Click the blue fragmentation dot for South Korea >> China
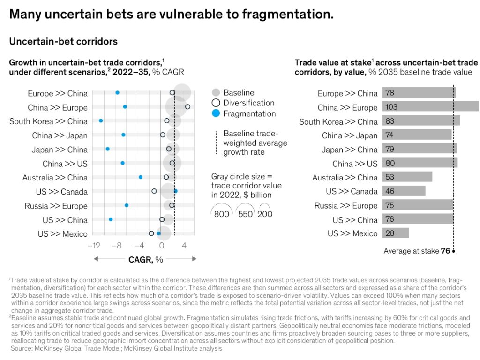101,121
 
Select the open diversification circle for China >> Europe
187,107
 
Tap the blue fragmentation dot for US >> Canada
175,191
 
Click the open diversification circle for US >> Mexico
151,233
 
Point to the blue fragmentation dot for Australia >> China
141,177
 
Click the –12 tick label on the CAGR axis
95,245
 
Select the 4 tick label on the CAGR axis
184,245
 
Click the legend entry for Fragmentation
249,113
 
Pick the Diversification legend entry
248,103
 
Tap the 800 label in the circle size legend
222,214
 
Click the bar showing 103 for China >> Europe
430,107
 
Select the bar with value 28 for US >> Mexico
395,233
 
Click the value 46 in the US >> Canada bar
390,191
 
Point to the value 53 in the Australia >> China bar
390,177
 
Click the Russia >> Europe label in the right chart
345,206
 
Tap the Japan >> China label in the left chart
60,150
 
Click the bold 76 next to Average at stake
445,251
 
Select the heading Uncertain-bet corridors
63,41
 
